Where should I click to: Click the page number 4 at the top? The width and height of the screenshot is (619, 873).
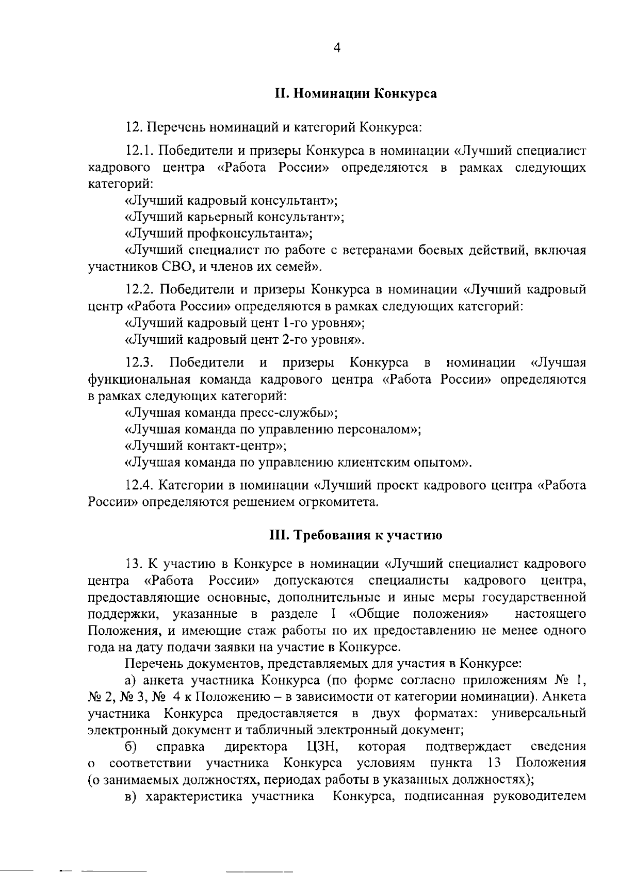[x=337, y=48]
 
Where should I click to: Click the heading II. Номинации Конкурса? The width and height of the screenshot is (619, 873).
[x=355, y=94]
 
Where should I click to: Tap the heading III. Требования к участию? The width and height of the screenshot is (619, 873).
[x=356, y=535]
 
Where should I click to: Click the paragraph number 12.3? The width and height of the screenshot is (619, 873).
[x=140, y=363]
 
